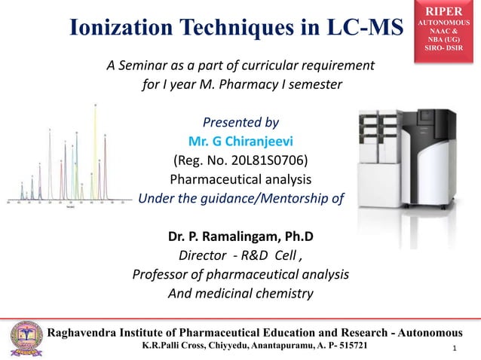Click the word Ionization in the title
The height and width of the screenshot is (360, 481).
coord(115,27)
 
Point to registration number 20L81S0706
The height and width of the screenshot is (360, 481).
coord(268,160)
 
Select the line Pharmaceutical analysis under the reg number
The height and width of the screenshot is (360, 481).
coord(240,179)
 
